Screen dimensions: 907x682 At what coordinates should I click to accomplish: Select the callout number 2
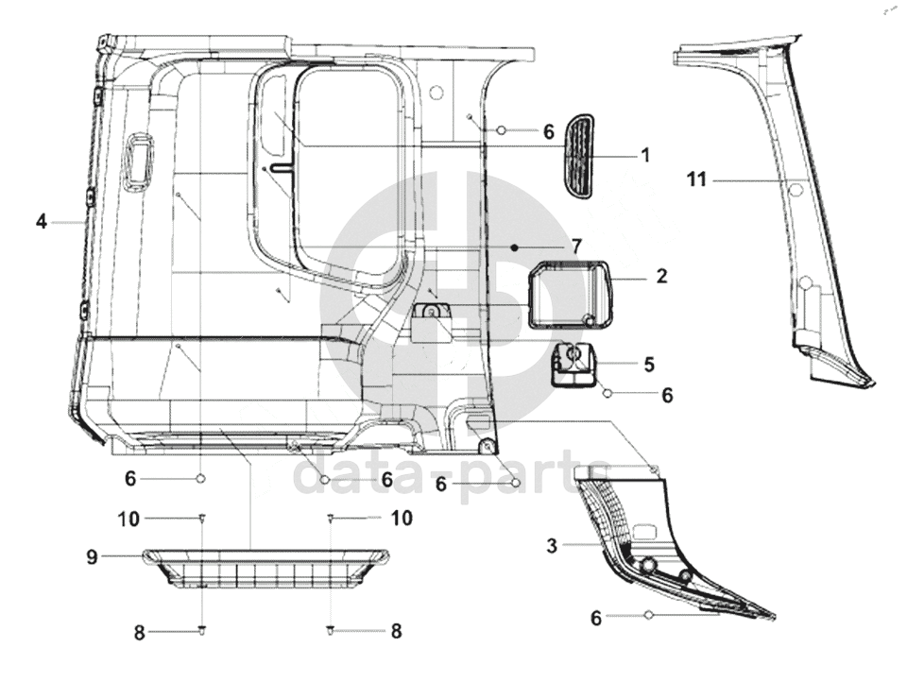point(661,276)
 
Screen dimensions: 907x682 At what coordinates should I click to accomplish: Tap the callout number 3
point(552,545)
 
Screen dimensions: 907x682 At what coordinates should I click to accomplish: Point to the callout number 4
point(41,221)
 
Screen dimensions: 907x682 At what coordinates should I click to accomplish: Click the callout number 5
point(648,365)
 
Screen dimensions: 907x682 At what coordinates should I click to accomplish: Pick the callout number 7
point(576,247)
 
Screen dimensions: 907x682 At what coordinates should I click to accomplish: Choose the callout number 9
point(92,557)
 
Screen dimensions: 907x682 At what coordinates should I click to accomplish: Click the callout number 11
point(696,179)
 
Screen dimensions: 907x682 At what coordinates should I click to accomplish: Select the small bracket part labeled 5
point(573,363)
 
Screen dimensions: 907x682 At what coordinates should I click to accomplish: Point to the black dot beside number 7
point(513,247)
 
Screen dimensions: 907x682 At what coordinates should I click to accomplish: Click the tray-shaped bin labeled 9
point(265,570)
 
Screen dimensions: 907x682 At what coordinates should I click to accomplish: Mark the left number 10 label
point(128,519)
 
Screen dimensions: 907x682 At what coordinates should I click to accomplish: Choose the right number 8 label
point(396,630)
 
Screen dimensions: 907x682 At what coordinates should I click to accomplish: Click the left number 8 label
point(139,632)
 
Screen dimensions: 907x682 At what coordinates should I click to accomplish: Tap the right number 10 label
point(401,518)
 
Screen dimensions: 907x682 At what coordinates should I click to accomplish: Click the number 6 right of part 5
point(667,395)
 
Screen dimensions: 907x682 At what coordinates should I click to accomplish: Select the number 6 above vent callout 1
point(548,132)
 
